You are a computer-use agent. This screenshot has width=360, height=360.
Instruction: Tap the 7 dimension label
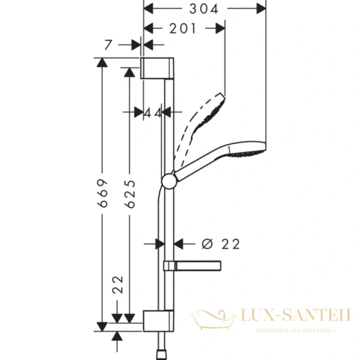107,44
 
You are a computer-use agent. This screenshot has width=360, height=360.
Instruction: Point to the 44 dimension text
153,112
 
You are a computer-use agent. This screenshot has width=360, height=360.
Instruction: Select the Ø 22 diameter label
221,244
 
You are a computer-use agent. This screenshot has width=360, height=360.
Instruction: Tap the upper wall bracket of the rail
158,68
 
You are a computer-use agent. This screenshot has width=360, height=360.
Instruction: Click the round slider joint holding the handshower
169,179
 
